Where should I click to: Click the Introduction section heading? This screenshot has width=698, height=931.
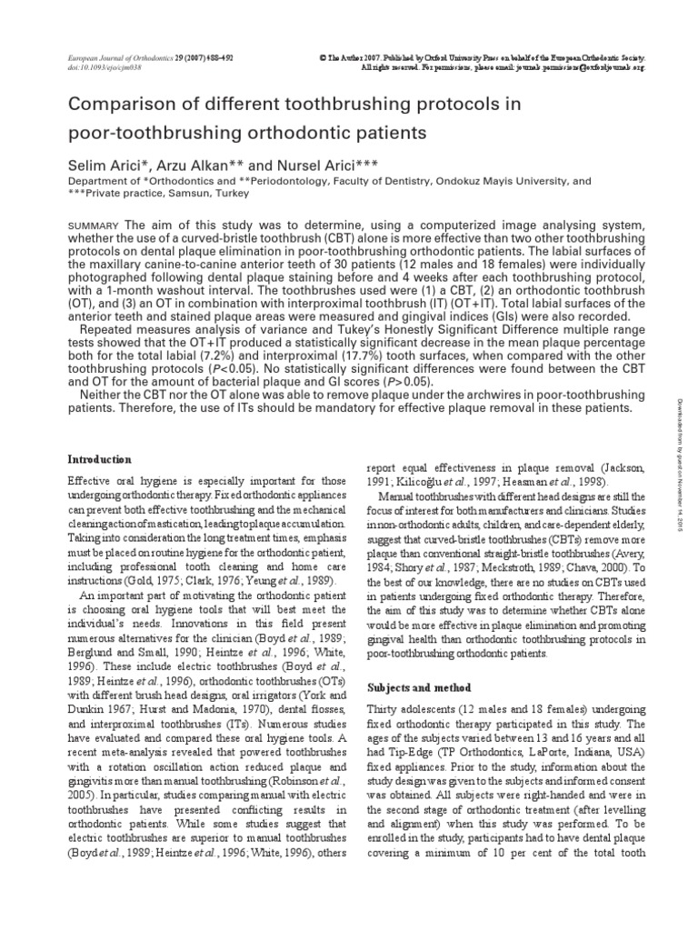coord(101,459)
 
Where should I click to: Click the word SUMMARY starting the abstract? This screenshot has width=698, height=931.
coord(95,225)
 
